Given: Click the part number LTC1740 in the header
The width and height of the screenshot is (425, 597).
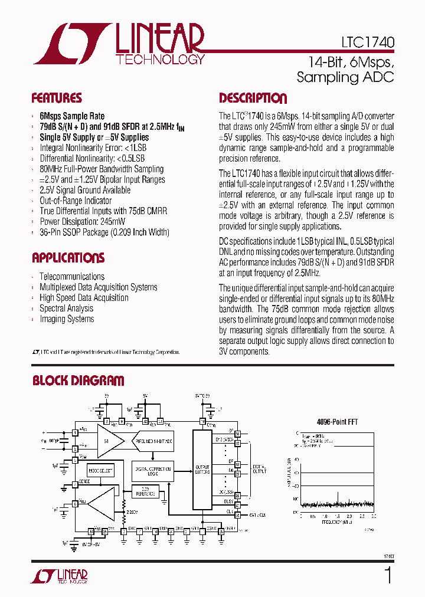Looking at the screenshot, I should click(x=367, y=42).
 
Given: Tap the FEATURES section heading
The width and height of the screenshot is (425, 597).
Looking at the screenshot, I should click(x=57, y=98).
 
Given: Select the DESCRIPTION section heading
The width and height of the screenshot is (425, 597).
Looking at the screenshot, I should click(x=253, y=98).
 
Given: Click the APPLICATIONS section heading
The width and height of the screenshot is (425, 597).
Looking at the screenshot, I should click(x=68, y=258).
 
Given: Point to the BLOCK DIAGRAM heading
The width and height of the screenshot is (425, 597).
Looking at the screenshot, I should click(x=78, y=381).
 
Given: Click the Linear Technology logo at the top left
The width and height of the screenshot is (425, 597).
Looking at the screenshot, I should click(x=118, y=44).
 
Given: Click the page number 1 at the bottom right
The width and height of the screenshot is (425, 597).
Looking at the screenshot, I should click(x=388, y=575).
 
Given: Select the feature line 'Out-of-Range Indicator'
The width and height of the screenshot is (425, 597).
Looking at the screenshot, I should click(x=76, y=201).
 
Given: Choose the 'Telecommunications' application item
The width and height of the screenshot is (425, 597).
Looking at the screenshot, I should click(x=71, y=276).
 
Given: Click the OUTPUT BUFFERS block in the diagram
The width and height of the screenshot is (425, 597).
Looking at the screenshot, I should click(x=202, y=470).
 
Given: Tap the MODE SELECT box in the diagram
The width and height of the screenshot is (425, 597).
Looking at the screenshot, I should click(x=101, y=471).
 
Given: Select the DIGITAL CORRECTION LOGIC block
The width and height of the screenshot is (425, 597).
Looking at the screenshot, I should click(x=152, y=470).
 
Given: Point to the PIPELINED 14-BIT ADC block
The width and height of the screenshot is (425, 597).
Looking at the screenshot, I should click(x=153, y=441).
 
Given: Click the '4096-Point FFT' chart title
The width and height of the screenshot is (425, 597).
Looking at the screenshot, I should click(x=338, y=422).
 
